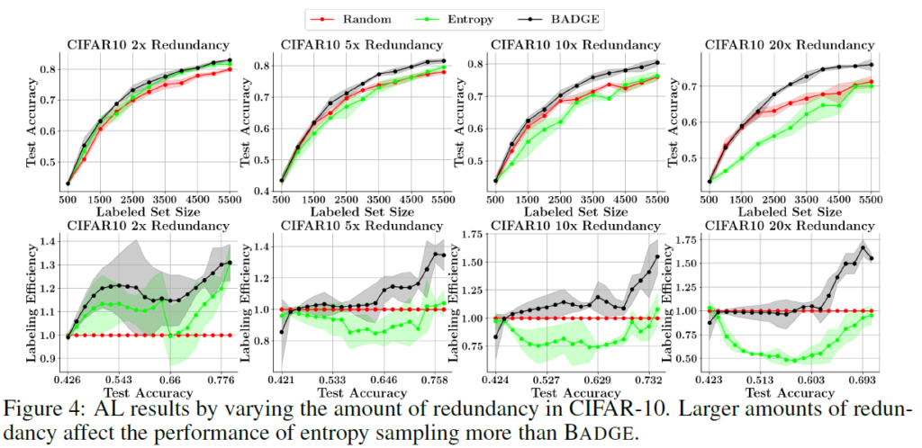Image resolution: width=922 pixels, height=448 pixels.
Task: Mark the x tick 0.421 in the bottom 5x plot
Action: pos(282,381)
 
